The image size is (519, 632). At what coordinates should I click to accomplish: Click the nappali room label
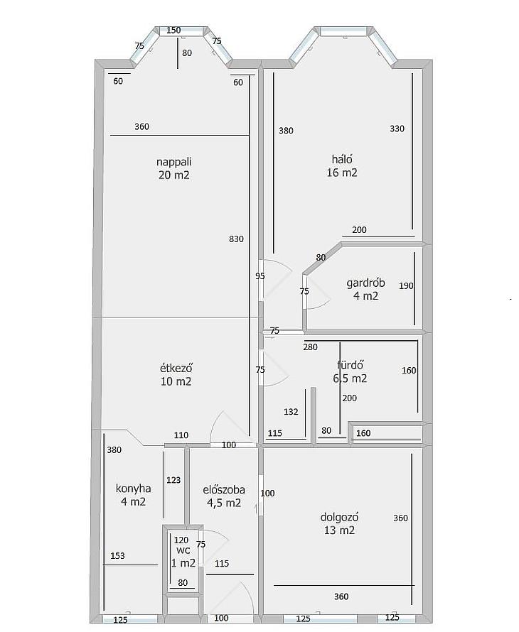pos(174,162)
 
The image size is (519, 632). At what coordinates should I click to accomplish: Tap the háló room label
pos(342,159)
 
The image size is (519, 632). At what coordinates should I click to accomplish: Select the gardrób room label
pos(365,283)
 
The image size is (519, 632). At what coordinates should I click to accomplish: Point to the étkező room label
pos(176,368)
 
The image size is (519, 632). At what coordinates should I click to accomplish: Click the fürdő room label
pos(351,365)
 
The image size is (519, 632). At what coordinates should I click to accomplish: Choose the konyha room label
pos(133,489)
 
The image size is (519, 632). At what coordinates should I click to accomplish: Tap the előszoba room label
pos(224,490)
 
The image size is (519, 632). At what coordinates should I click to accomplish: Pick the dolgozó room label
pos(339,517)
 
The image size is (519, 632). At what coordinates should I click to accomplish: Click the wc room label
pos(183,550)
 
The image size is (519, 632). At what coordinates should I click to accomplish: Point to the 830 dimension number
pos(237,239)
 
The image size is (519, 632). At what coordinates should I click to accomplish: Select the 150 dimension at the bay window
pos(173,31)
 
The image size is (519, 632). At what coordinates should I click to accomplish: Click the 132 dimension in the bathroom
pos(291,412)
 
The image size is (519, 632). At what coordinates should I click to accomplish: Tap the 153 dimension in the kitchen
pos(117,556)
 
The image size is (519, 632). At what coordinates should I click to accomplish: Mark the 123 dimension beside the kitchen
pos(173,480)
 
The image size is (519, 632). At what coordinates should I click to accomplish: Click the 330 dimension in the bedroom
pos(397,129)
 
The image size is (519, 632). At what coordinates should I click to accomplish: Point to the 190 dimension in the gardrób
pos(406,285)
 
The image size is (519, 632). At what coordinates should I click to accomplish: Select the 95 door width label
pos(260,276)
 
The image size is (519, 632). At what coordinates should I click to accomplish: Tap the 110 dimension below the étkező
pos(181,435)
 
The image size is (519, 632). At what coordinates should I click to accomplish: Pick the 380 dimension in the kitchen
pos(114,450)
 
